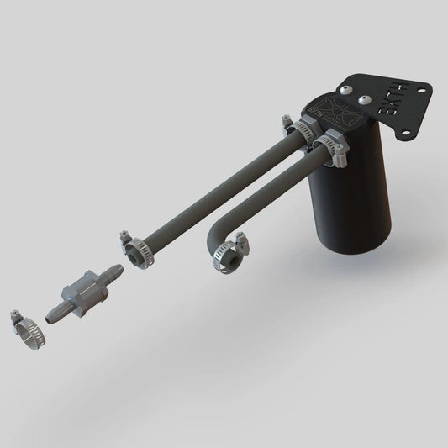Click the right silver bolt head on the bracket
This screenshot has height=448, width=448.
[x=365, y=100]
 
